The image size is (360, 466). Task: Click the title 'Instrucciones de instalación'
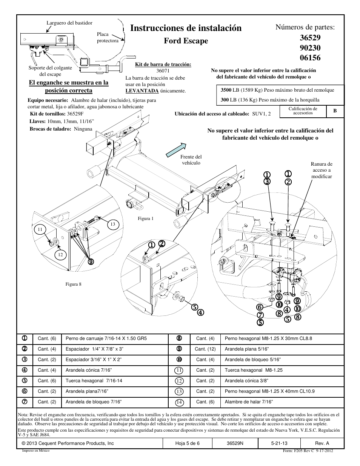pos(186,28)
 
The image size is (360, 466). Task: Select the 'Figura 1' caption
pos(146,218)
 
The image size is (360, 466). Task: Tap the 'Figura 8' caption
pos(73,284)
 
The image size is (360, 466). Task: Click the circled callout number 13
pos(112,224)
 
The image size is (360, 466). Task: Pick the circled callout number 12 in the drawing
pos(60,255)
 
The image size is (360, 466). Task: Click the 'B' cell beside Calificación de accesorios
pos(335,111)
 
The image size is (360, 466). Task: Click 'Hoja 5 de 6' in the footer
pos(188,443)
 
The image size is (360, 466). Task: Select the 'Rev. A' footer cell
pos(322,443)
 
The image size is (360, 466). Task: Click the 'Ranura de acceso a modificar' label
pos(322,170)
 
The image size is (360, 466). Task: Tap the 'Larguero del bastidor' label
pos(69,23)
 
